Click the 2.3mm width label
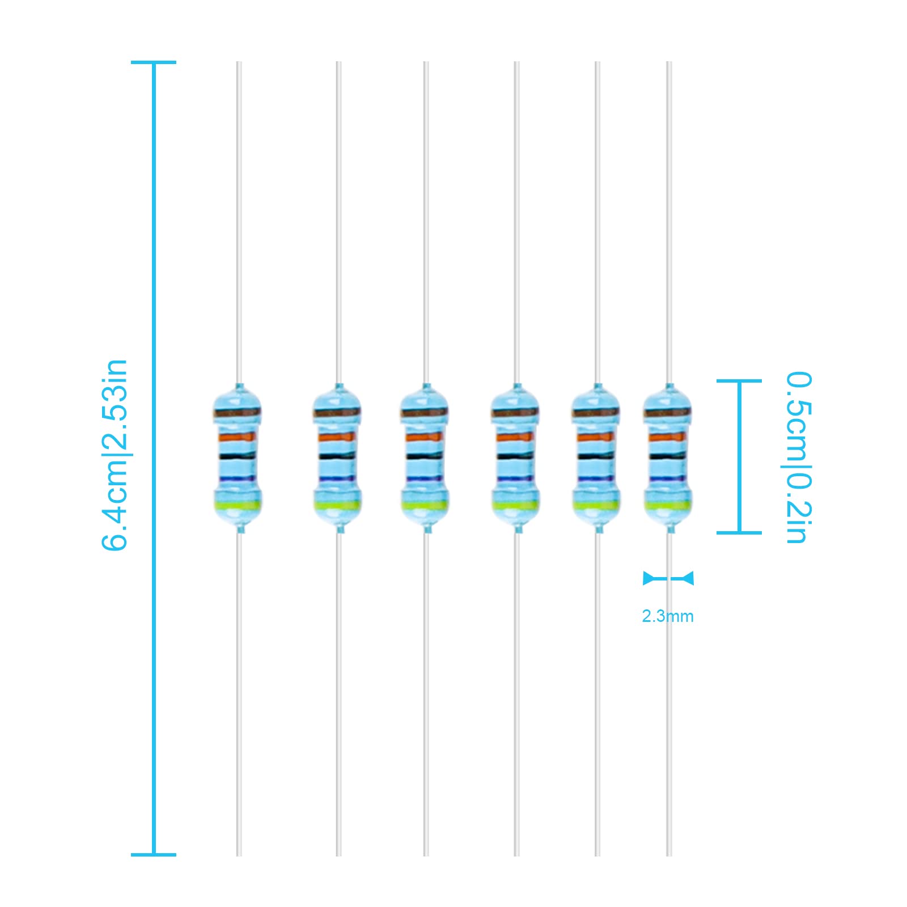pyautogui.click(x=667, y=616)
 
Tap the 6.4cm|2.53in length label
pyautogui.click(x=115, y=455)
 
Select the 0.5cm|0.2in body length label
pyautogui.click(x=799, y=457)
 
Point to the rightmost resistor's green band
pyautogui.click(x=668, y=505)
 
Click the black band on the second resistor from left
pyautogui.click(x=338, y=456)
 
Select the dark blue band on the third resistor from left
pyautogui.click(x=426, y=479)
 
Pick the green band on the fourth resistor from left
pyautogui.click(x=515, y=505)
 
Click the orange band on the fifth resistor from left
pyautogui.click(x=596, y=437)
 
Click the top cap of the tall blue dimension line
pyautogui.click(x=154, y=62)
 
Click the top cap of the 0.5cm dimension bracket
pyautogui.click(x=739, y=381)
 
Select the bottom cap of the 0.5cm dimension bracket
pyautogui.click(x=739, y=532)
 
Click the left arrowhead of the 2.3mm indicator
pyautogui.click(x=648, y=578)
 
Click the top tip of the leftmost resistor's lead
pyautogui.click(x=239, y=62)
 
